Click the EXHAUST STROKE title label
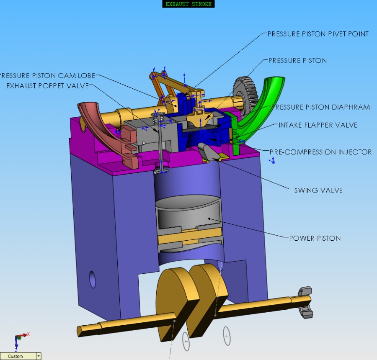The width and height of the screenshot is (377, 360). pyautogui.click(x=188, y=4)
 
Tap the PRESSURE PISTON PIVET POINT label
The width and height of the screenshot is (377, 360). pyautogui.click(x=318, y=34)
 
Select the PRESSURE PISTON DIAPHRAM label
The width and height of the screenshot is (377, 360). pyautogui.click(x=320, y=107)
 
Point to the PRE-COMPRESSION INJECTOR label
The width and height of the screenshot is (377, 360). pyautogui.click(x=320, y=152)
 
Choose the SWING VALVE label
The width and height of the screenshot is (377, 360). pyautogui.click(x=318, y=190)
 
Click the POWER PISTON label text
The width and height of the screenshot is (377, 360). pyautogui.click(x=315, y=238)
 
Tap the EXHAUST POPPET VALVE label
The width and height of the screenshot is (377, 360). pyautogui.click(x=47, y=86)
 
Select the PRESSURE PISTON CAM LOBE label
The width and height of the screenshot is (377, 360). pyautogui.click(x=47, y=76)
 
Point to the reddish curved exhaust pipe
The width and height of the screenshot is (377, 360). pyautogui.click(x=103, y=126)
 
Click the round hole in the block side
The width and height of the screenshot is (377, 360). pyautogui.click(x=93, y=279)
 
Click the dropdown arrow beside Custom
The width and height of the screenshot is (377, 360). pyautogui.click(x=39, y=356)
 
